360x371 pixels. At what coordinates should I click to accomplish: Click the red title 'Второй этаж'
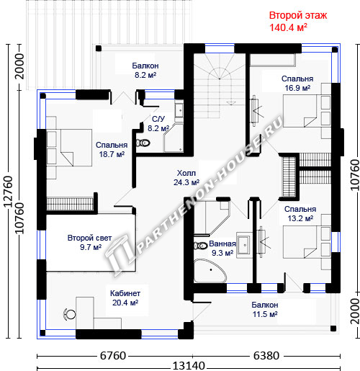(x=298, y=15)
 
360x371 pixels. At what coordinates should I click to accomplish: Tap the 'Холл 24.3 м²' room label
(x=186, y=178)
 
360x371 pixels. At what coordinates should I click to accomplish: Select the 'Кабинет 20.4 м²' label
(x=125, y=298)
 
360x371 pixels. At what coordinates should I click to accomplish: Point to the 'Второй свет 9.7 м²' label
(x=89, y=243)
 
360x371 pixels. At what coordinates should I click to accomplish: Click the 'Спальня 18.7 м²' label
(x=112, y=149)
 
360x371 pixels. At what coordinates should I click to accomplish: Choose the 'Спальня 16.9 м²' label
(x=297, y=84)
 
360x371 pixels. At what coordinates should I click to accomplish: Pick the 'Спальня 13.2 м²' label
(x=300, y=214)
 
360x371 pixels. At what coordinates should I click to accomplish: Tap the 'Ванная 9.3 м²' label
(x=222, y=249)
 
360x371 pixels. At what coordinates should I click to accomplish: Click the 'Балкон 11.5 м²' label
(x=265, y=309)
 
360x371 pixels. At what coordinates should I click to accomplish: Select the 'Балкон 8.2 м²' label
(x=145, y=70)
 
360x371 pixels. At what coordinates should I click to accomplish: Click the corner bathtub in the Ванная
(x=210, y=271)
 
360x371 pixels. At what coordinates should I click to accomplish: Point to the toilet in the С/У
(x=143, y=143)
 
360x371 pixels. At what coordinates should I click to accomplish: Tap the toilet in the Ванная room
(x=201, y=246)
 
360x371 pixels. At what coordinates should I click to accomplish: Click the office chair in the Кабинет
(x=69, y=314)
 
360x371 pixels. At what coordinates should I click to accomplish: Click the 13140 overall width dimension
(x=189, y=367)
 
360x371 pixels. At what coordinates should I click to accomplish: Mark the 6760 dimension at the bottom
(x=113, y=356)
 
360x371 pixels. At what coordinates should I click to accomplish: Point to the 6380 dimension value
(x=266, y=356)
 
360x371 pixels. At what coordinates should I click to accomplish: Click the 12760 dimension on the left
(x=9, y=192)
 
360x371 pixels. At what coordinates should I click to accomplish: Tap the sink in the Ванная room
(x=244, y=245)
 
